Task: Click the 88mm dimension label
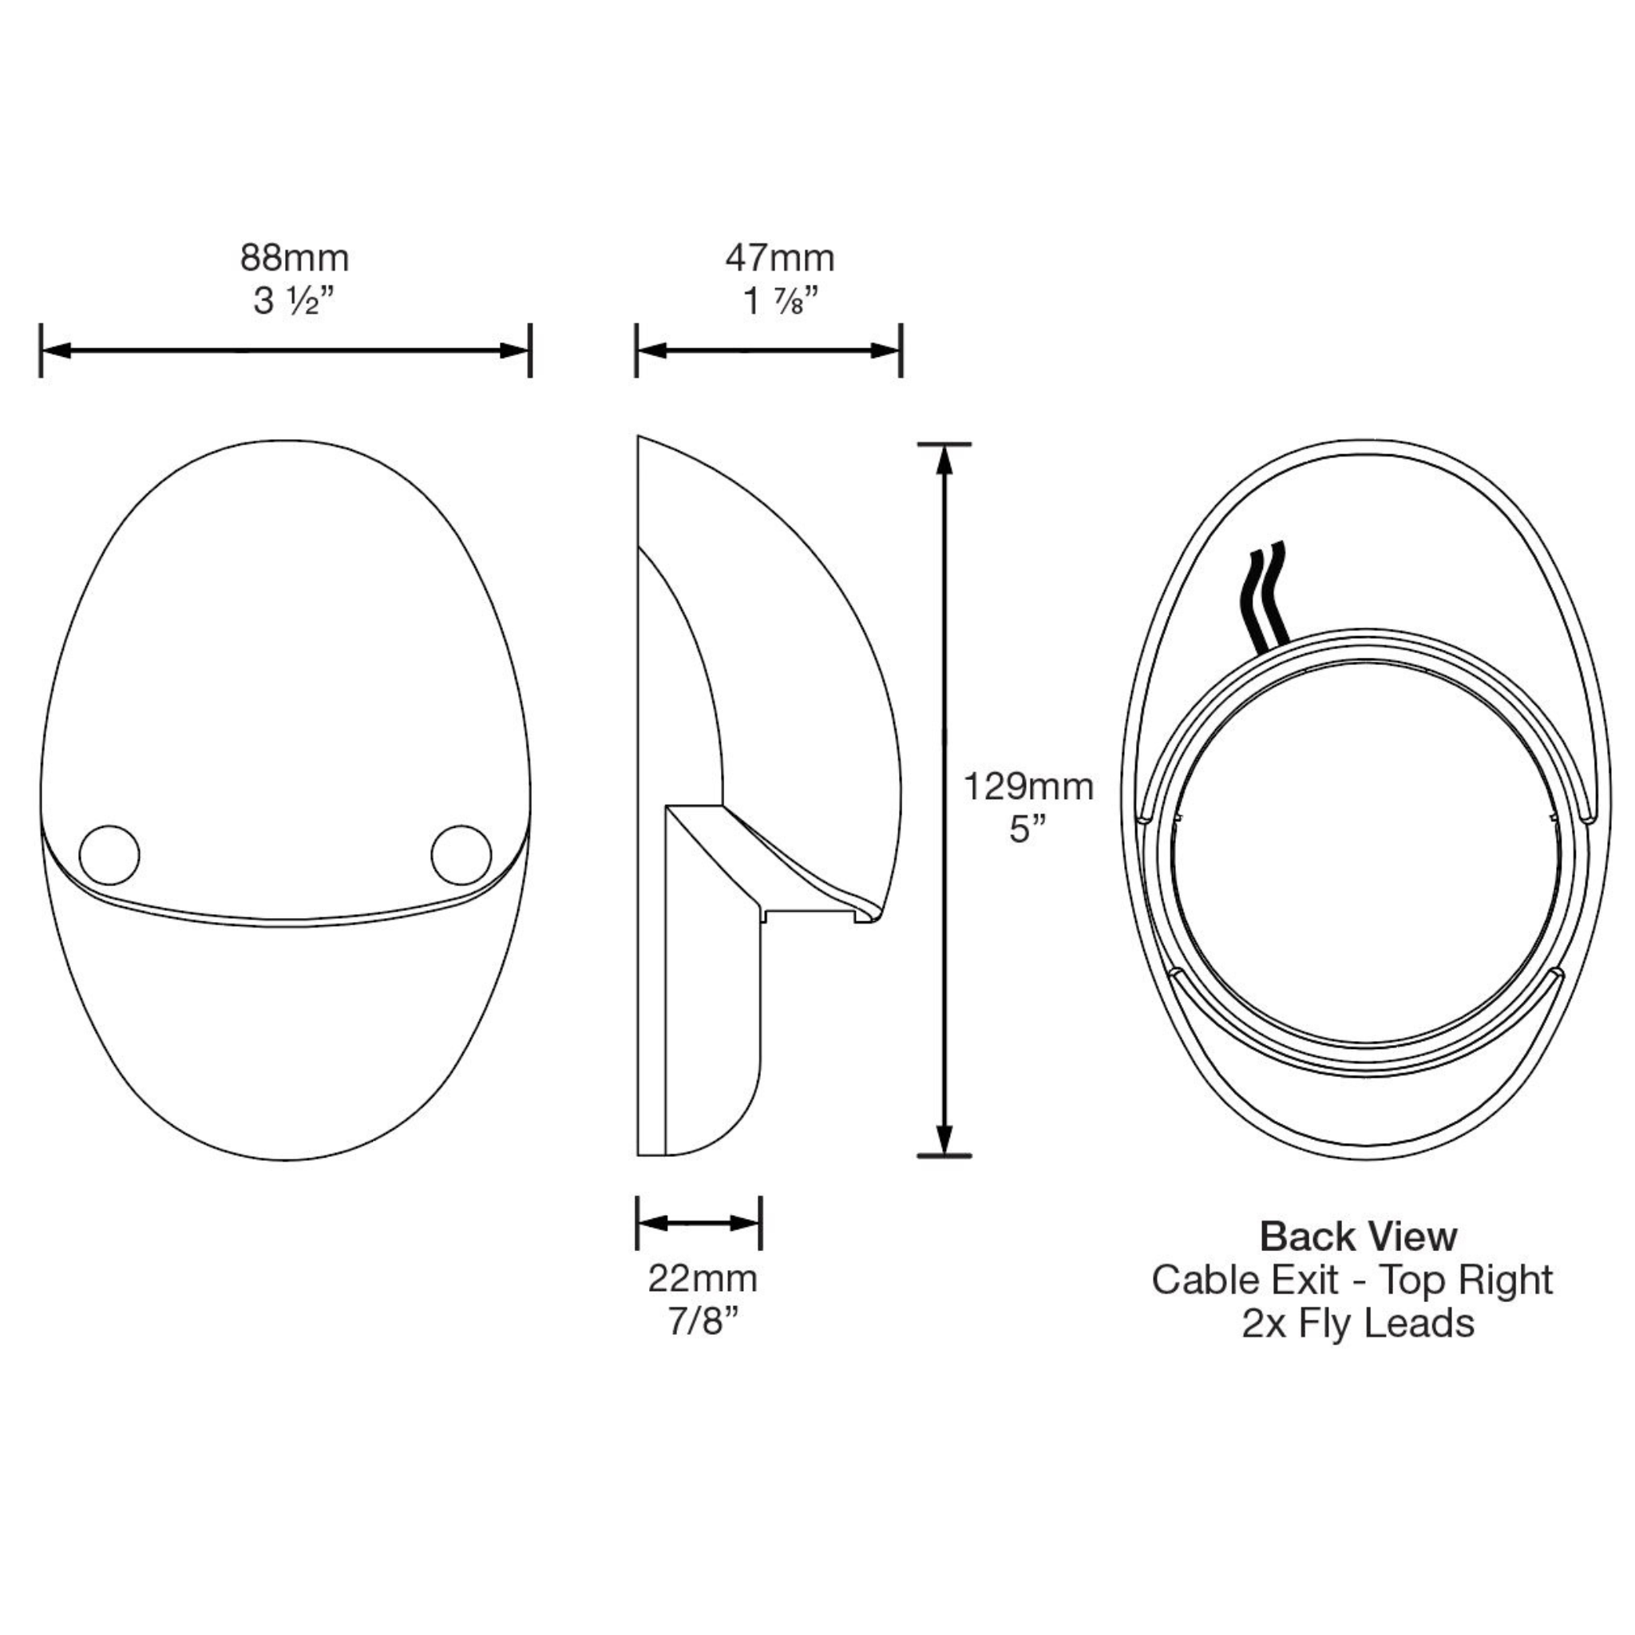click(295, 258)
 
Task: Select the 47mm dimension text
click(779, 258)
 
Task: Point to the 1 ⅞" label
click(779, 301)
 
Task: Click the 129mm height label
click(1028, 787)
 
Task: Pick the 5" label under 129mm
click(1028, 829)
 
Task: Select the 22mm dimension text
click(703, 1278)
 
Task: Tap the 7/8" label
click(703, 1321)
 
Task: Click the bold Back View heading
click(1358, 1237)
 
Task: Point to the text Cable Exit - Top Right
click(1352, 1280)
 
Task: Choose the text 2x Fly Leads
click(1357, 1323)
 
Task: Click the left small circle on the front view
click(109, 855)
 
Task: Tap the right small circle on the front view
click(461, 855)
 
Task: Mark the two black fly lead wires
click(1266, 594)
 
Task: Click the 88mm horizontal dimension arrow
click(285, 350)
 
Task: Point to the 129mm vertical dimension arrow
click(945, 800)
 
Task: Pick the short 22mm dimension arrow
click(699, 1223)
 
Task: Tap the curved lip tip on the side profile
click(872, 916)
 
